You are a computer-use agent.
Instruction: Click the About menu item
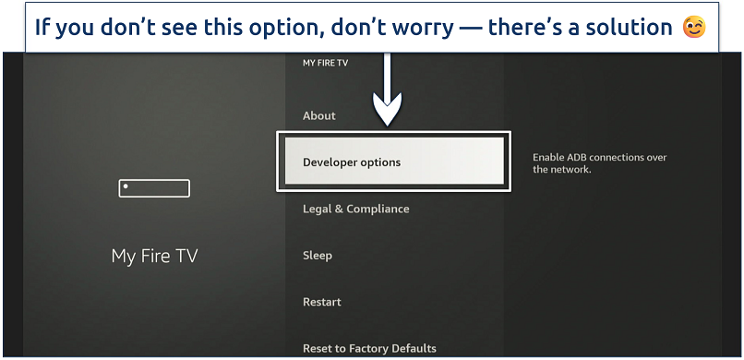[319, 115]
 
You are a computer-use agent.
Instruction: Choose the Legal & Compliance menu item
[355, 209]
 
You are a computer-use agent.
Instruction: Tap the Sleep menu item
[318, 255]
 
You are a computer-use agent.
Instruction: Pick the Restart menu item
[322, 302]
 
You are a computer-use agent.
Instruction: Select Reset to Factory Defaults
[369, 348]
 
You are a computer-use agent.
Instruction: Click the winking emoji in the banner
[693, 28]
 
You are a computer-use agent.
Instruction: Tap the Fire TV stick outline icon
[154, 188]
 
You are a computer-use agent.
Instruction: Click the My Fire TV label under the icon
[154, 257]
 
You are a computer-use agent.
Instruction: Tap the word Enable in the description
[550, 158]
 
